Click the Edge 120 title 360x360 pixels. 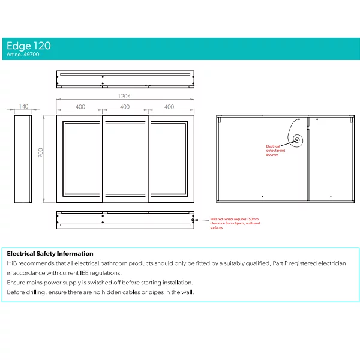(x=29, y=46)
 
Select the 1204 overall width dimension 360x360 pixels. (x=124, y=96)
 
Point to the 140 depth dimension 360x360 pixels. (x=23, y=107)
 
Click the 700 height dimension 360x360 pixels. (x=41, y=152)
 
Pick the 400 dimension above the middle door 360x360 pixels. (x=125, y=107)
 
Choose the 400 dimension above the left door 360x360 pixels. (x=80, y=107)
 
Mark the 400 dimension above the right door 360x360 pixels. (x=169, y=107)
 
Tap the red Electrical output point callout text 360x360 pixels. (x=275, y=151)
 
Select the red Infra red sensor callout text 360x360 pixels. (x=235, y=223)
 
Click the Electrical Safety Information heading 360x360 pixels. (x=50, y=254)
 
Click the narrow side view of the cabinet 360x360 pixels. (x=23, y=159)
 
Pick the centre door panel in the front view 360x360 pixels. (x=125, y=159)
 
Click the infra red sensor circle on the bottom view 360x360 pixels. (x=193, y=220)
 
